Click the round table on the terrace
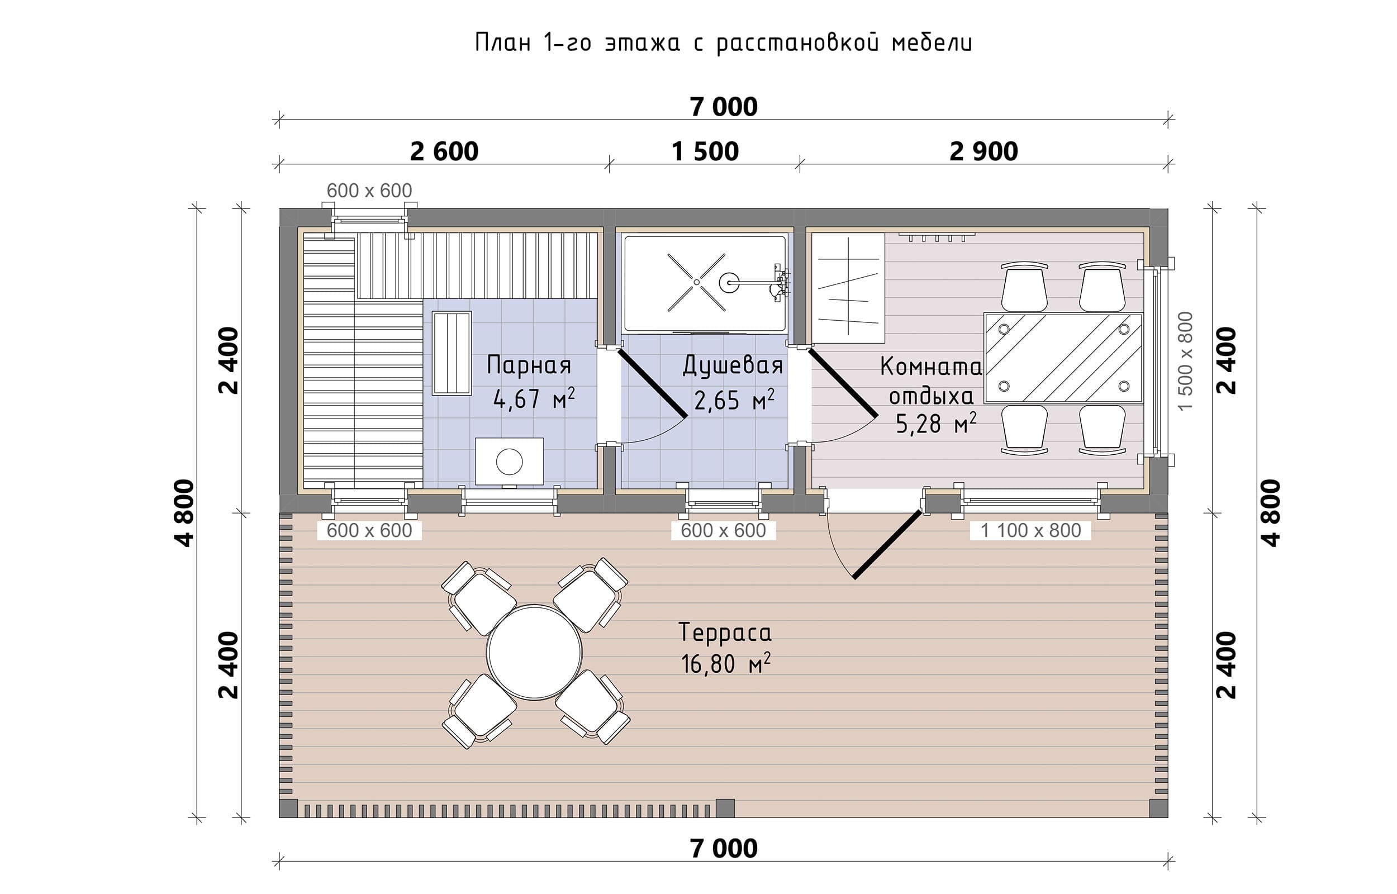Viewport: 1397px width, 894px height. [534, 653]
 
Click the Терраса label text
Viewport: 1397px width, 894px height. [725, 633]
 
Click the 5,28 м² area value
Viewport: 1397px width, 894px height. [935, 423]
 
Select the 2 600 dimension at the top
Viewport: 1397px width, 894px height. [444, 151]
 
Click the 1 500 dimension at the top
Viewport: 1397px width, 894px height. [705, 151]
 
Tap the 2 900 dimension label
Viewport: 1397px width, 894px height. [983, 151]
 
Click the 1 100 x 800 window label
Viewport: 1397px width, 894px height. [1030, 530]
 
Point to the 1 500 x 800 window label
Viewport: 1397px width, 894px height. [1186, 360]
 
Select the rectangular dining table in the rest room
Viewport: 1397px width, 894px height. [1063, 358]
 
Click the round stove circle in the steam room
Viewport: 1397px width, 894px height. [509, 462]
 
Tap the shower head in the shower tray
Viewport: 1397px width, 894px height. [729, 283]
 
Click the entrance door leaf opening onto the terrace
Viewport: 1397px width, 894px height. [887, 544]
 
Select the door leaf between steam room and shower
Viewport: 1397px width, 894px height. [652, 383]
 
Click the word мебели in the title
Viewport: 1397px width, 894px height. [932, 43]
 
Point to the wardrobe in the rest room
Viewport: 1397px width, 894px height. [848, 288]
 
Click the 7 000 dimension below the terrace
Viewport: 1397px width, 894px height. [723, 849]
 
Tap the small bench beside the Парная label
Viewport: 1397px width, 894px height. [452, 353]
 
